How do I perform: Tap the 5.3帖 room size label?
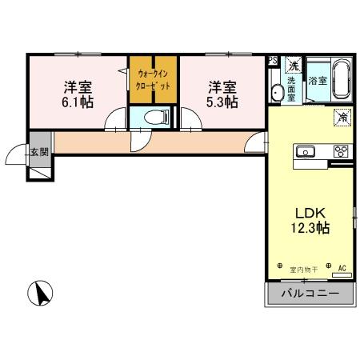[223, 102]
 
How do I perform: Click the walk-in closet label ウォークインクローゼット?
[154, 80]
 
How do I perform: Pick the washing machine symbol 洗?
[294, 65]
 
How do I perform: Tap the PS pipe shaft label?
[273, 60]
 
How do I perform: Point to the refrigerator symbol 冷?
[342, 116]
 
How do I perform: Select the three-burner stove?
[340, 151]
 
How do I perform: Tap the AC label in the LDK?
[342, 269]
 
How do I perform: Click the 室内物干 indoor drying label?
[302, 270]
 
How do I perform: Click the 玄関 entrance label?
[38, 151]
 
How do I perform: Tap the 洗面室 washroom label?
[292, 86]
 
